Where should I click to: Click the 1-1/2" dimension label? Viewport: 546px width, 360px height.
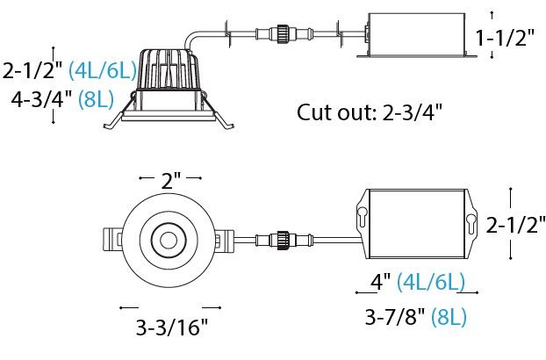click(x=505, y=38)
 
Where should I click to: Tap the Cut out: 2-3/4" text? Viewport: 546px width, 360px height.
click(x=370, y=112)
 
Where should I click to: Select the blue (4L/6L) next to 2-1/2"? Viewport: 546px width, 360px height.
click(x=103, y=70)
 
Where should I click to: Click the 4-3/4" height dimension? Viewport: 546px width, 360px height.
click(x=38, y=99)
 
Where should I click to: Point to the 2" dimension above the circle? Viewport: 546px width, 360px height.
click(x=170, y=180)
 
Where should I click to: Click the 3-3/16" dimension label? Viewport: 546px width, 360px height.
click(x=171, y=327)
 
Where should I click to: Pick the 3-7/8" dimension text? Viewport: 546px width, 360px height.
click(x=396, y=316)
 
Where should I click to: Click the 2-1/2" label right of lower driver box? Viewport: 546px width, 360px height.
click(x=515, y=225)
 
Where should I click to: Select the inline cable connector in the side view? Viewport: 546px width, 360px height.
click(x=281, y=33)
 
